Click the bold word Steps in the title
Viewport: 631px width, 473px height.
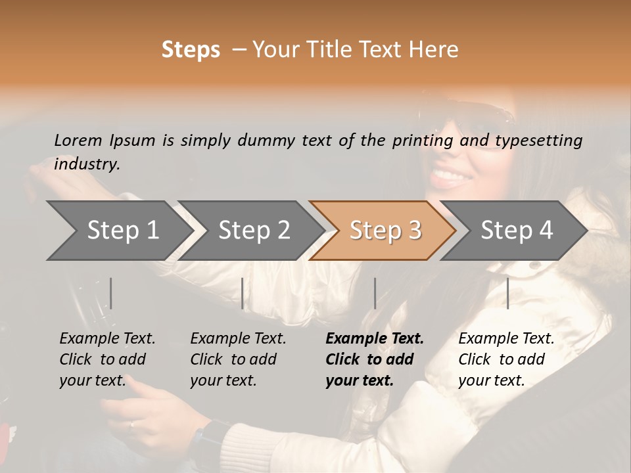191,50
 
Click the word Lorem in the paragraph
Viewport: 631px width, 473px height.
78,140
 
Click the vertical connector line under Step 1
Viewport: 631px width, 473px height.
111,293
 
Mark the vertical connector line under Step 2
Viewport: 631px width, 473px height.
243,293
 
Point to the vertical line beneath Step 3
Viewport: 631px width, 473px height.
375,293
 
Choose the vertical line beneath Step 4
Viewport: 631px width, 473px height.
507,293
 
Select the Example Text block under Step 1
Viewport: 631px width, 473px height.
107,359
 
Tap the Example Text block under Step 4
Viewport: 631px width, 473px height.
506,359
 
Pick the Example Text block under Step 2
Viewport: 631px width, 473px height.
238,359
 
